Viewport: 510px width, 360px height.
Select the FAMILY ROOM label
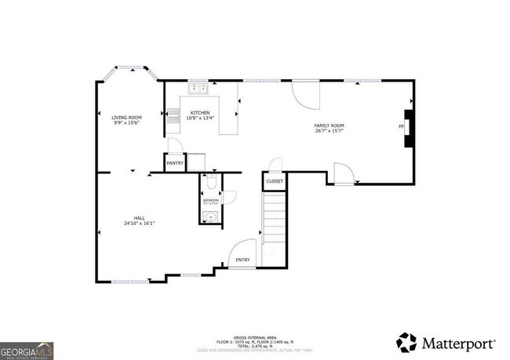point(330,125)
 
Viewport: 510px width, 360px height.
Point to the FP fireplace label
point(401,126)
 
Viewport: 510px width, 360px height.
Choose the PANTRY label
point(175,163)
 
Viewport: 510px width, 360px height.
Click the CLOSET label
point(275,181)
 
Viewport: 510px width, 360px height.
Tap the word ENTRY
point(243,260)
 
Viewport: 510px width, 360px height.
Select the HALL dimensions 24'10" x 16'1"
point(139,224)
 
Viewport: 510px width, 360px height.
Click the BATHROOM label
point(211,201)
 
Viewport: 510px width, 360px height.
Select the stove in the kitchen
point(173,119)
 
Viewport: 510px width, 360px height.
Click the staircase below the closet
point(275,227)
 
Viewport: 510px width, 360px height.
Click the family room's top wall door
point(306,94)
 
